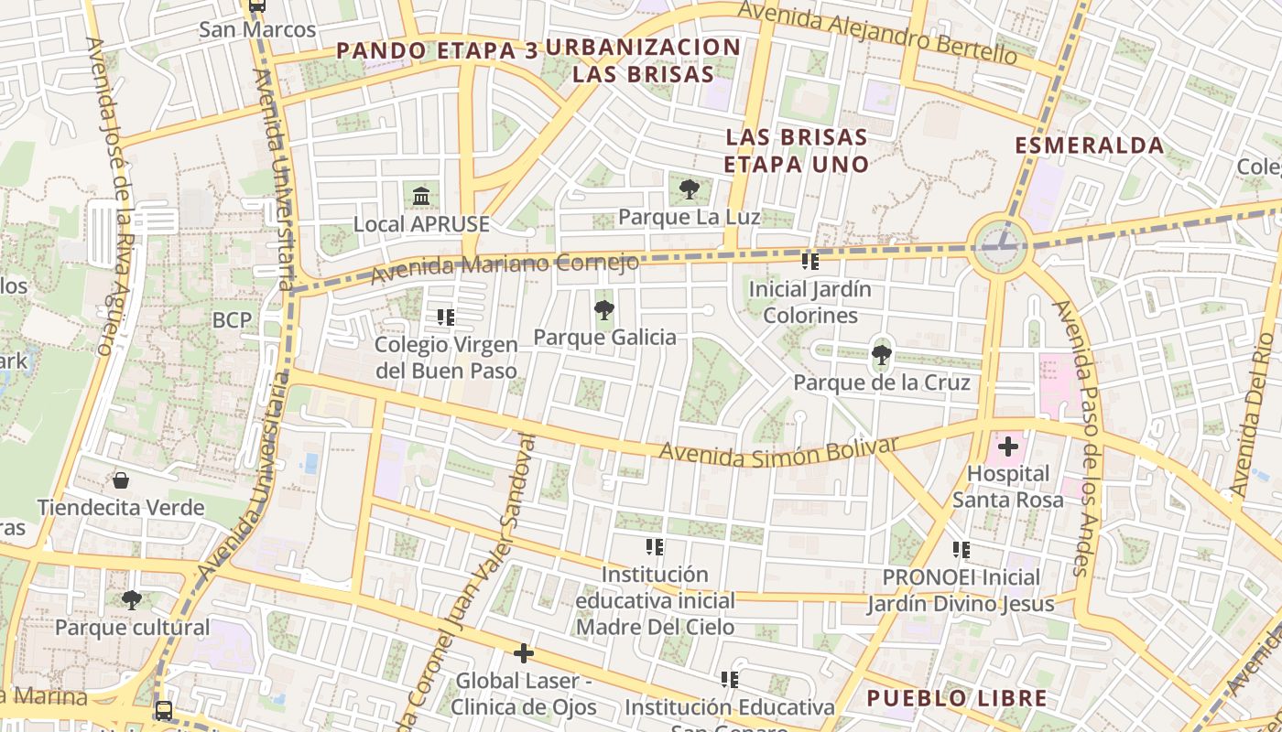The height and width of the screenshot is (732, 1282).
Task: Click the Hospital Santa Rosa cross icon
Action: (1008, 447)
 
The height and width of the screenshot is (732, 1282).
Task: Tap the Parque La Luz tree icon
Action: (690, 190)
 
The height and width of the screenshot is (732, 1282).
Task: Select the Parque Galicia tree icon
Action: (604, 310)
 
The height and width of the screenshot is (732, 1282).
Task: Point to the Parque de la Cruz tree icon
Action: (882, 355)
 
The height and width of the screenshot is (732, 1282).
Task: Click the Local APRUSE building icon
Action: (421, 197)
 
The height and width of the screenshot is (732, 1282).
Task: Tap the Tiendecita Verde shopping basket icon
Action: (120, 480)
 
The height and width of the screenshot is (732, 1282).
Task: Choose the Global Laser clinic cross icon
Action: (524, 653)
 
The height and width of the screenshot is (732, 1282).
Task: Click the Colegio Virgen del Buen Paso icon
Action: (446, 318)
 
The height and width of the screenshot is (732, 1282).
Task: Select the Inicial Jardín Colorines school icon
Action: (810, 262)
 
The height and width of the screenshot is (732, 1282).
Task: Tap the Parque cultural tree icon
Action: (132, 600)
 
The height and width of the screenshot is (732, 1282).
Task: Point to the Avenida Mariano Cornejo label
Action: (504, 266)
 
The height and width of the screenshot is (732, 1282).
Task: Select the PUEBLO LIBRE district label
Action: (957, 699)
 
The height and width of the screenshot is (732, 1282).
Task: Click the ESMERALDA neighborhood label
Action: (1090, 145)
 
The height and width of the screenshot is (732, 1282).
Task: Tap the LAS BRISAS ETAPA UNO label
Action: (796, 151)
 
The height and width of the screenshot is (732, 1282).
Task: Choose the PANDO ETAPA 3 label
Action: (437, 51)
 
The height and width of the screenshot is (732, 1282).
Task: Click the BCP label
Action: (232, 320)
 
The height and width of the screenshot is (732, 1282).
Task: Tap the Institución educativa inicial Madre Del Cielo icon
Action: (655, 547)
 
